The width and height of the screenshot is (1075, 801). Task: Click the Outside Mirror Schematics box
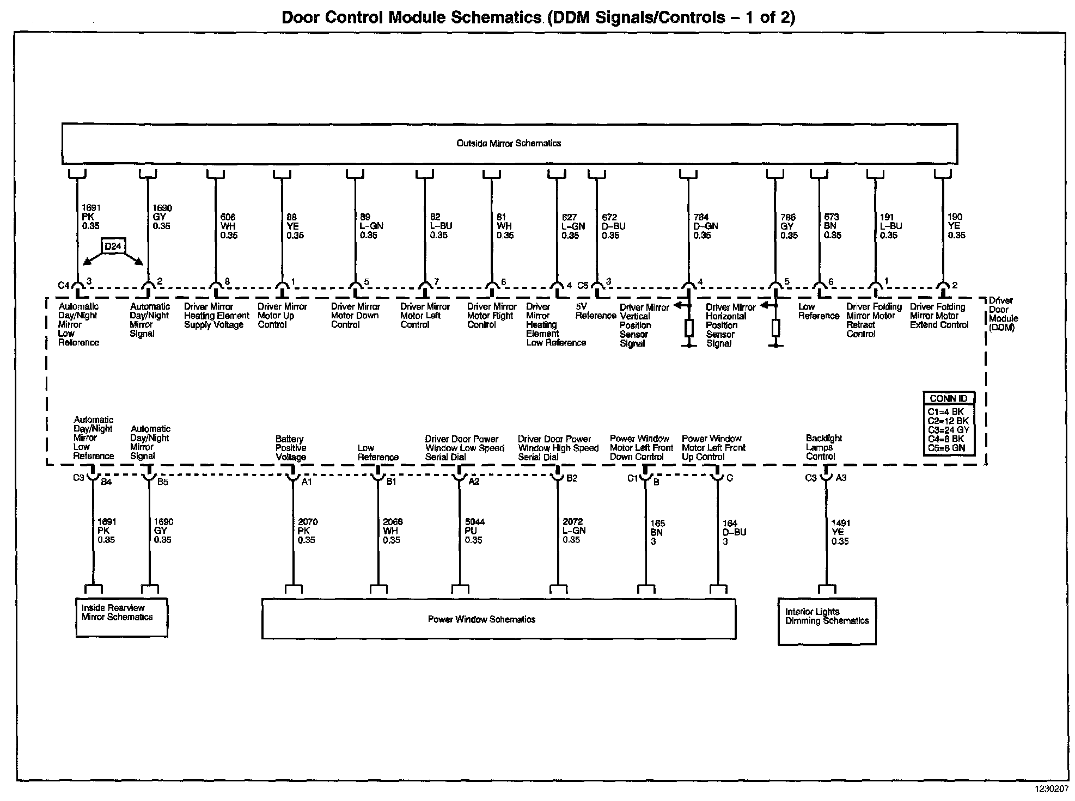509,144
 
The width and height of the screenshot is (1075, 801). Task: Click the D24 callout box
113,247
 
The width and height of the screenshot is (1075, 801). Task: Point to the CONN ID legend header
948,398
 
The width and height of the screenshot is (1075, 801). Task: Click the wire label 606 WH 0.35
229,226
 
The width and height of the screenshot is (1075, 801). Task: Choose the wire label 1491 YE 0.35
840,532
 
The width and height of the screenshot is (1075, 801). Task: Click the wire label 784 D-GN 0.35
705,226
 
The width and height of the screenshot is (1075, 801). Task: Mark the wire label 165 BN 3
657,533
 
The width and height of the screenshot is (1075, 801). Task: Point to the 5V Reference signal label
595,311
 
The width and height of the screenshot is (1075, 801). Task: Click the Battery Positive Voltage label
291,448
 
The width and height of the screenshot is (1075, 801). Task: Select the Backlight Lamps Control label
823,447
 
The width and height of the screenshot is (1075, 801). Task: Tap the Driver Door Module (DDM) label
1003,315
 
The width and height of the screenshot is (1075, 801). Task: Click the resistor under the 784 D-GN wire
689,328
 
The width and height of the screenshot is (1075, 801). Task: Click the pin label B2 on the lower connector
572,478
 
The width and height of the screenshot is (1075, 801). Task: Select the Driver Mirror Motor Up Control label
282,316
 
